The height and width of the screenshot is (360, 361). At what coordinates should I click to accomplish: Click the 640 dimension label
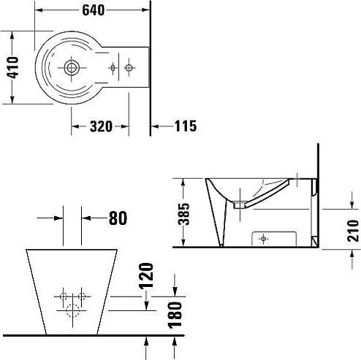point(93,10)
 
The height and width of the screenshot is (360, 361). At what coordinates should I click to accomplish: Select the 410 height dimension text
point(12,67)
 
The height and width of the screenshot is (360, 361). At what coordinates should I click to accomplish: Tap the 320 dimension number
point(101,126)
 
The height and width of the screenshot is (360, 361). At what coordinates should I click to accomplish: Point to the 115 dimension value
point(186,126)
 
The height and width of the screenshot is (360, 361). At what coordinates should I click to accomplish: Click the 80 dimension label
point(118,218)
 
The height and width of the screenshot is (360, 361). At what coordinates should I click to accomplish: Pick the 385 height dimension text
point(183,214)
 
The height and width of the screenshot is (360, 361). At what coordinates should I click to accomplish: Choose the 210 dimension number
point(353,231)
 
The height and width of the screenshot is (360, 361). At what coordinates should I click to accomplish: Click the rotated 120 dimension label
point(146,276)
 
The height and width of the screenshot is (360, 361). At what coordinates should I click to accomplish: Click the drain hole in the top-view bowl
point(72,67)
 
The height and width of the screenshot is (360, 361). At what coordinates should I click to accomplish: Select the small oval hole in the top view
point(113,68)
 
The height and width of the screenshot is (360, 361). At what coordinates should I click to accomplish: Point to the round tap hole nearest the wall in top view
point(129,68)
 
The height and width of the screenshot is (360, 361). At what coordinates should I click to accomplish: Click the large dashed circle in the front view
point(73,311)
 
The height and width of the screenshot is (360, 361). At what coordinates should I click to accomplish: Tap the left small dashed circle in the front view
point(64,296)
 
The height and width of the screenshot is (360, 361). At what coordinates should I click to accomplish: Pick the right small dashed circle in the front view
point(82,296)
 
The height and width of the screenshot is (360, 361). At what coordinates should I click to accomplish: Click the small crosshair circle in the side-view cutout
point(263,239)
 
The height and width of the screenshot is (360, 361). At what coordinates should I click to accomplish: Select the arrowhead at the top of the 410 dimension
point(12,36)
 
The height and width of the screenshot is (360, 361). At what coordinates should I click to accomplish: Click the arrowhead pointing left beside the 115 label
point(155,126)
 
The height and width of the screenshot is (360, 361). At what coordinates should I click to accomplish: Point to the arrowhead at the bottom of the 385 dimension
point(183,242)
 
